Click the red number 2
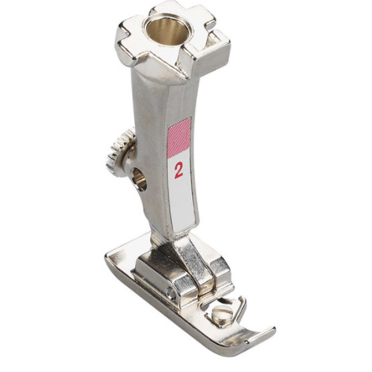179,170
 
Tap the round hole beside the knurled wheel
139,180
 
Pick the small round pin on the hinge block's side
171,292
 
